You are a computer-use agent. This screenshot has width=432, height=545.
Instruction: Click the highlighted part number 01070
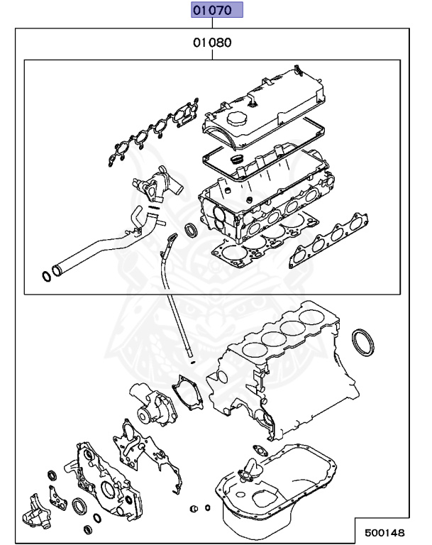(x=216, y=11)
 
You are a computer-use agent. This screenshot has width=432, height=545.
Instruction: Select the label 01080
(x=212, y=43)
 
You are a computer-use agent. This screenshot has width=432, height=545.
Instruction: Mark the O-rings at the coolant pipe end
(x=48, y=275)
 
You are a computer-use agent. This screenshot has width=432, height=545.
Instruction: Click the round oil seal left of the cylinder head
(x=192, y=230)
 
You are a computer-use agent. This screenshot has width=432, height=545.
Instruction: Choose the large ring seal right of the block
(x=364, y=341)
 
